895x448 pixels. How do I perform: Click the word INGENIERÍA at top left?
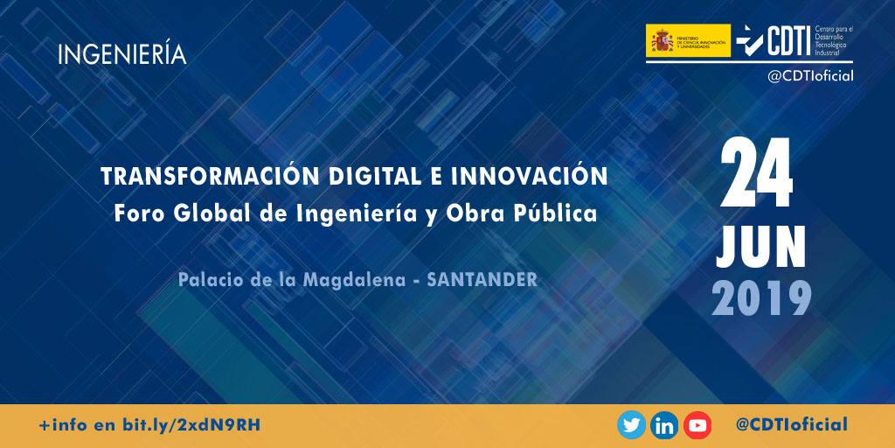click(x=122, y=54)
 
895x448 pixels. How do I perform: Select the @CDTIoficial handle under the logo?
click(x=810, y=76)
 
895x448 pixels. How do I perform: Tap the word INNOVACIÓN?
click(x=541, y=176)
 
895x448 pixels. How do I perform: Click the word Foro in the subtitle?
click(x=136, y=213)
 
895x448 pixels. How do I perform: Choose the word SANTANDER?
click(x=482, y=280)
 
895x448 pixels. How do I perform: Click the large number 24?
click(x=757, y=174)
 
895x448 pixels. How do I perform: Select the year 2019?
click(x=760, y=298)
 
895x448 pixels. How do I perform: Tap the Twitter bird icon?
click(x=631, y=425)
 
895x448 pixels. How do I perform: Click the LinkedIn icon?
click(x=664, y=425)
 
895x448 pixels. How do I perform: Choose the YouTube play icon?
click(x=697, y=425)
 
